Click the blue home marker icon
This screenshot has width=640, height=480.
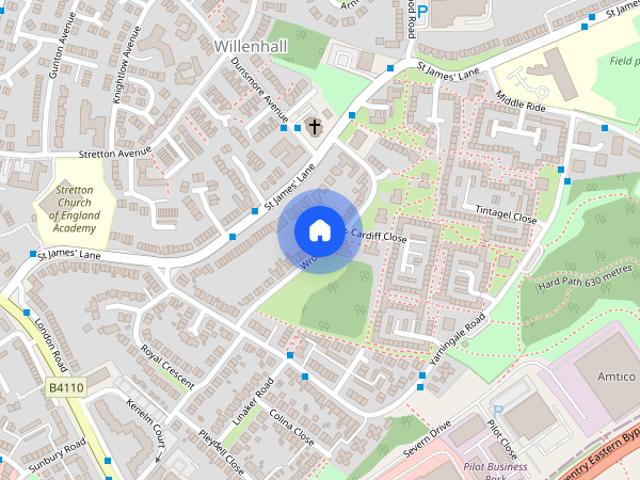(318, 230)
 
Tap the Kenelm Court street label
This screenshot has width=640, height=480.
(146, 421)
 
